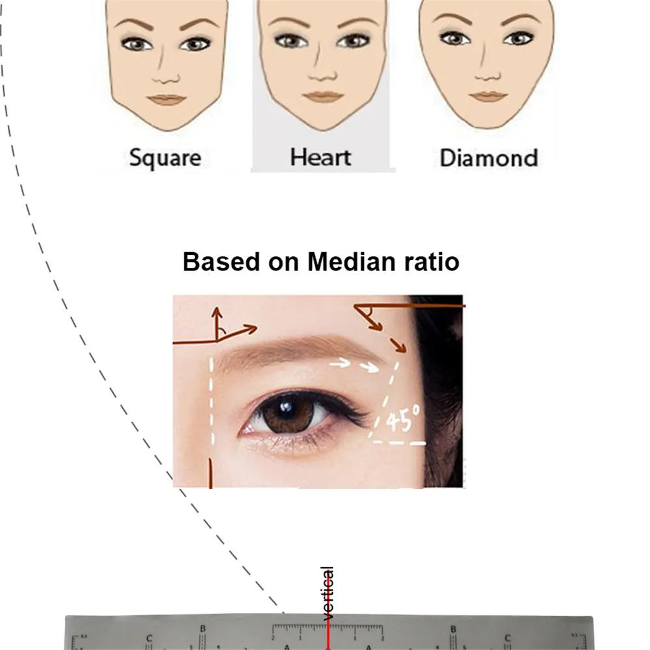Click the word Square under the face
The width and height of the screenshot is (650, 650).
tap(165, 158)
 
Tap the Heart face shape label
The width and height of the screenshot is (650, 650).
tap(320, 157)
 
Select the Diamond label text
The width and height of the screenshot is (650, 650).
tap(489, 158)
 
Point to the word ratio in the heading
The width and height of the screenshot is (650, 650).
tap(430, 262)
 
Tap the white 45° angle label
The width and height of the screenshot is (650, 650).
tap(403, 421)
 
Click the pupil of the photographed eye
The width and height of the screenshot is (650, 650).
tap(284, 411)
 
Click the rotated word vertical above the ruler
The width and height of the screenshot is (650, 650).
tap(328, 593)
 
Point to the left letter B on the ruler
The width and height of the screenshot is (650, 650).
tap(203, 629)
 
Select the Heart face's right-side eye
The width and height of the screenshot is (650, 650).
tap(355, 42)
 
